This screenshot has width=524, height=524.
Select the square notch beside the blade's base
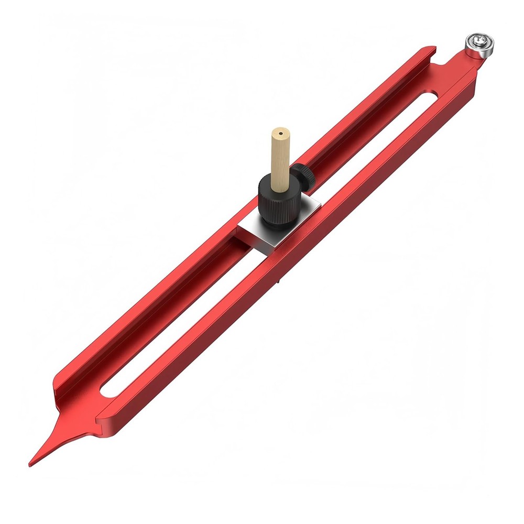(x=100, y=417)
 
